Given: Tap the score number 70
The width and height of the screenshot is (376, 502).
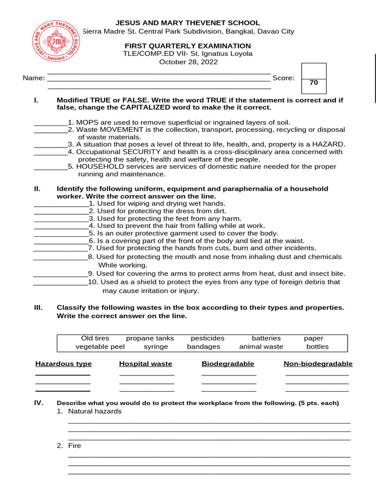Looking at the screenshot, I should [x=314, y=83].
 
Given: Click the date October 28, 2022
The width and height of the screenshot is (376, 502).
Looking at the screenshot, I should [x=188, y=62].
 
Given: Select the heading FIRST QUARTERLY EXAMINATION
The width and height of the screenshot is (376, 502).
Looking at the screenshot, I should [x=188, y=46].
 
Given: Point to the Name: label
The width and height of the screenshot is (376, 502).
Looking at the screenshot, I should [x=34, y=78].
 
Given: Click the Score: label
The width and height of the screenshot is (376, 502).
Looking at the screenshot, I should [x=283, y=78].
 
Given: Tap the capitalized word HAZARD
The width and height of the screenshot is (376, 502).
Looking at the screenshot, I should [x=329, y=144].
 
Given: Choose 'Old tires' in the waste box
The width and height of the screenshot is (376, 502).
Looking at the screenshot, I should [x=95, y=338].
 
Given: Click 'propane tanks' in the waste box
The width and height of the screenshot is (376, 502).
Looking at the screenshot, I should [x=150, y=338].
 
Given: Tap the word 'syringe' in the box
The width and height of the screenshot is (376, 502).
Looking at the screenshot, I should [x=156, y=347].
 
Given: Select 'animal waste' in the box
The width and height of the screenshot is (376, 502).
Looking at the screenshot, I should [x=261, y=347].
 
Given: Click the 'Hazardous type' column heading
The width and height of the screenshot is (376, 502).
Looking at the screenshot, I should [x=63, y=364].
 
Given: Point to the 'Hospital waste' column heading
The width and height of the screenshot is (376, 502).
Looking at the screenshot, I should [x=145, y=364].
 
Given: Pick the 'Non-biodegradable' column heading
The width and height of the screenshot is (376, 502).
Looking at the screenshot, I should [x=318, y=364].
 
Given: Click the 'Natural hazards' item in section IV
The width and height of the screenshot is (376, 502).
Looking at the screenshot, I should [x=94, y=411].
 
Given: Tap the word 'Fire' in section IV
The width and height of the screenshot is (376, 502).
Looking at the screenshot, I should [x=74, y=446].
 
